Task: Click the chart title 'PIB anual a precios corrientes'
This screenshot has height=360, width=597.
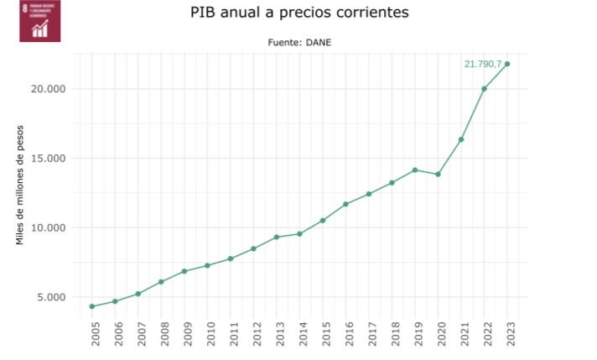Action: tap(298, 14)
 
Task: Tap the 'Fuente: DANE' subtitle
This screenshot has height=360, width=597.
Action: tap(298, 42)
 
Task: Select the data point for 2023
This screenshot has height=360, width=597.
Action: tap(507, 64)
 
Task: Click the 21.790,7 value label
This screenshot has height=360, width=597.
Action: tap(482, 64)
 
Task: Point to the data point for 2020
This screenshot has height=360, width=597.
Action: tap(438, 175)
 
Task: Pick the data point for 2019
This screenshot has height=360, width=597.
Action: tap(415, 170)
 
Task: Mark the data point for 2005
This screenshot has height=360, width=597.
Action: tap(91, 306)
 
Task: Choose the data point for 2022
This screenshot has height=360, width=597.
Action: tap(484, 89)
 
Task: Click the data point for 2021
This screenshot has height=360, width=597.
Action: tap(461, 139)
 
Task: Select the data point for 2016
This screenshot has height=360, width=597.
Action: tap(345, 204)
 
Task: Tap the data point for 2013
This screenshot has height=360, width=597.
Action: tap(277, 237)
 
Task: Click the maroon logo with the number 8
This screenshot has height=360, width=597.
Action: tap(39, 21)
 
